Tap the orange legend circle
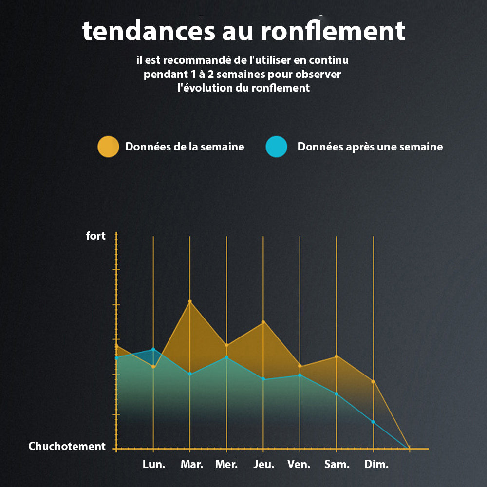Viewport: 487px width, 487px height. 108,147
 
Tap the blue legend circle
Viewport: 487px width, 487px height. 277,147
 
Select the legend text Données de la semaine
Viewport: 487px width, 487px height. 185,147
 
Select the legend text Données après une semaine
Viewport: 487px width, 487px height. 370,147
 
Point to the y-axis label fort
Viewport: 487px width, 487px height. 95,236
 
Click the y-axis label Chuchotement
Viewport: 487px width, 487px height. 67,446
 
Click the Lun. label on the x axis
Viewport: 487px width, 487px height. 154,464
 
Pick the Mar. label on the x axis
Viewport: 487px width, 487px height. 192,464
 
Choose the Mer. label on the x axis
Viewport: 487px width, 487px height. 226,464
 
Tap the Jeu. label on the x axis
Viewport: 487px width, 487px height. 263,464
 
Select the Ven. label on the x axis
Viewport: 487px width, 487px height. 299,464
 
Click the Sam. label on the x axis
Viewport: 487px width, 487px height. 337,464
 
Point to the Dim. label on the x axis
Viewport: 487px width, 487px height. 376,464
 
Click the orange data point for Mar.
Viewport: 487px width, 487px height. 190,301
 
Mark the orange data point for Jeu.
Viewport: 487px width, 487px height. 263,322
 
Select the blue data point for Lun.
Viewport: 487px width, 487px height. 153,349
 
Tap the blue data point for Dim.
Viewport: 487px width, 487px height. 373,422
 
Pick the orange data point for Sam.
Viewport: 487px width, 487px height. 337,356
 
